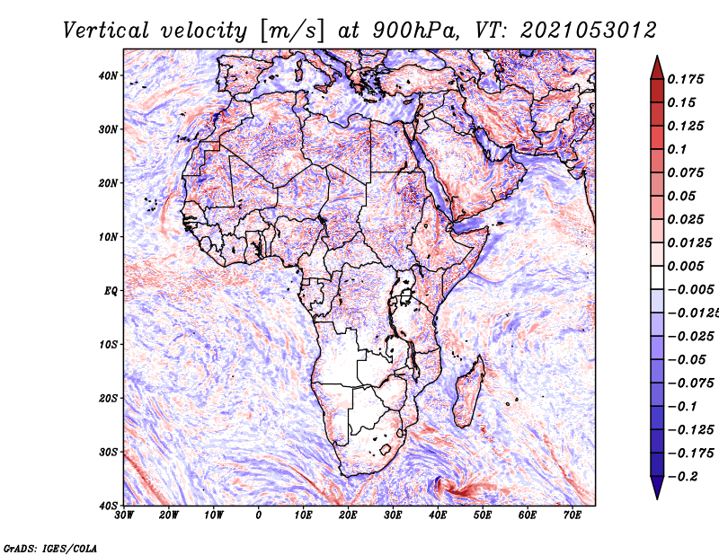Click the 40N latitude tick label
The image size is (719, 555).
[108, 75]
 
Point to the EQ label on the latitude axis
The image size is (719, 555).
[110, 290]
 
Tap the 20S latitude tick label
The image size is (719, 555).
[108, 398]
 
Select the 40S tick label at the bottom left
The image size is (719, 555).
[108, 505]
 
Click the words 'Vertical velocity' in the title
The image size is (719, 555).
[155, 30]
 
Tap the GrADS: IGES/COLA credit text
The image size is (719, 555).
[49, 546]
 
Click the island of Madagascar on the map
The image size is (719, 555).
[467, 391]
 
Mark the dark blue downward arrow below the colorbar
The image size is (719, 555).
[657, 486]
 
